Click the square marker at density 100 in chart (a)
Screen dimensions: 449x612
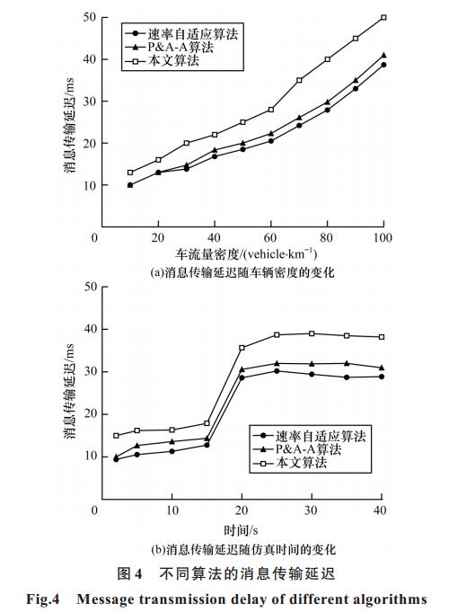383,18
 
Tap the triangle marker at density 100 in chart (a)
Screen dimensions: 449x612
383,55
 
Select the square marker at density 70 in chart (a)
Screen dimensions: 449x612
299,80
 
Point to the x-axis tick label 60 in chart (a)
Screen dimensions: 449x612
270,237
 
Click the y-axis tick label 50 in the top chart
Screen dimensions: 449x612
90,17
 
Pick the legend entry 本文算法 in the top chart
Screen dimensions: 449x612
173,60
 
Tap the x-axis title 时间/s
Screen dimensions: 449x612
241,530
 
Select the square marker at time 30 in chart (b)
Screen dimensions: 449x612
312,333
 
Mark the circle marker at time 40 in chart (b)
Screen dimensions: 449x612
382,377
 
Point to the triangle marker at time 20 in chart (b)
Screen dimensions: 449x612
242,369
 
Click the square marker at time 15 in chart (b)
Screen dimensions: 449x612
207,423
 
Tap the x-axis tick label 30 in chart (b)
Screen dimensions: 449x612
311,510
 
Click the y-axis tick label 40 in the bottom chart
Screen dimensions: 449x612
91,329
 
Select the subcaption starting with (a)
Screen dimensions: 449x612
242,272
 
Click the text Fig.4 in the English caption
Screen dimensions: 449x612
42,599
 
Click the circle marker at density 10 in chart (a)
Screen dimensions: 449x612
130,185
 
